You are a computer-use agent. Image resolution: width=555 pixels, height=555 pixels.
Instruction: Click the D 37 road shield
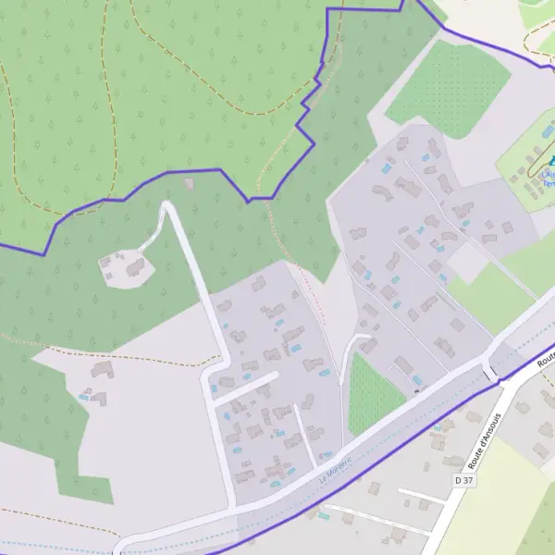(463, 481)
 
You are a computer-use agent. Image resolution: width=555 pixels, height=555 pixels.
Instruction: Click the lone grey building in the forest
(190, 183)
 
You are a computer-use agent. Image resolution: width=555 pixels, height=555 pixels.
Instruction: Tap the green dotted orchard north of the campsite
(448, 88)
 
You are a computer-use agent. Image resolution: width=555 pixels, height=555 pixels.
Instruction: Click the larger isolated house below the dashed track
(101, 370)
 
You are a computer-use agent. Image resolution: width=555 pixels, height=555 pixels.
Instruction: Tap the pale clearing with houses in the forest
(125, 268)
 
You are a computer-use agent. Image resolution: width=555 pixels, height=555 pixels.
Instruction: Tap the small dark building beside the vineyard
(416, 391)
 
